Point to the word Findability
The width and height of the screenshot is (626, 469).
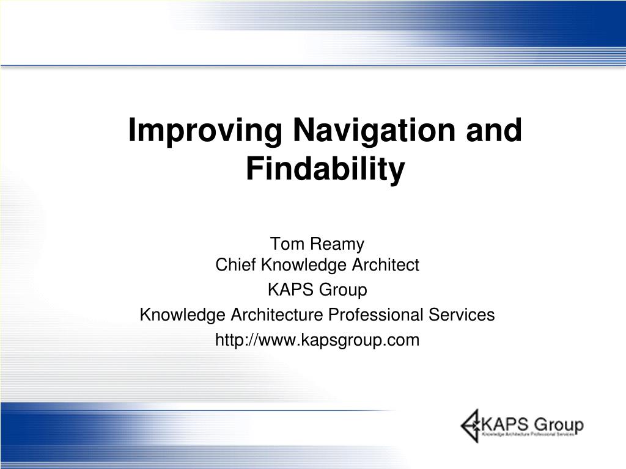325,169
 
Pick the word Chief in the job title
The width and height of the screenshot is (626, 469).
236,265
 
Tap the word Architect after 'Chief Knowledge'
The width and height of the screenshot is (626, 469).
385,265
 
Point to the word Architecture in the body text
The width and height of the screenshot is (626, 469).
277,315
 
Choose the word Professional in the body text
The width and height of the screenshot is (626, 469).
367,315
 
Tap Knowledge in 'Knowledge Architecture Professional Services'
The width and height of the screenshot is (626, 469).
183,315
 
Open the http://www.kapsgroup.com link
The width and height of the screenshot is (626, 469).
317,340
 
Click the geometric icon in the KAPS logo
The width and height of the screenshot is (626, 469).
471,425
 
